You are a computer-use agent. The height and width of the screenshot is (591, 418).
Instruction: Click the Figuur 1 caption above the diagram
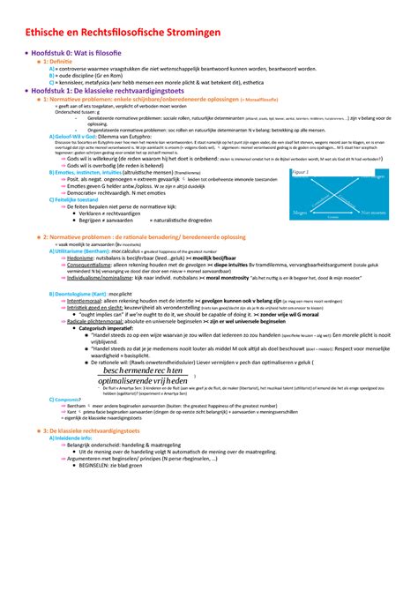325,173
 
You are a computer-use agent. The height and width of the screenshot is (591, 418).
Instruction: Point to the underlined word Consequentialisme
100,265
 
